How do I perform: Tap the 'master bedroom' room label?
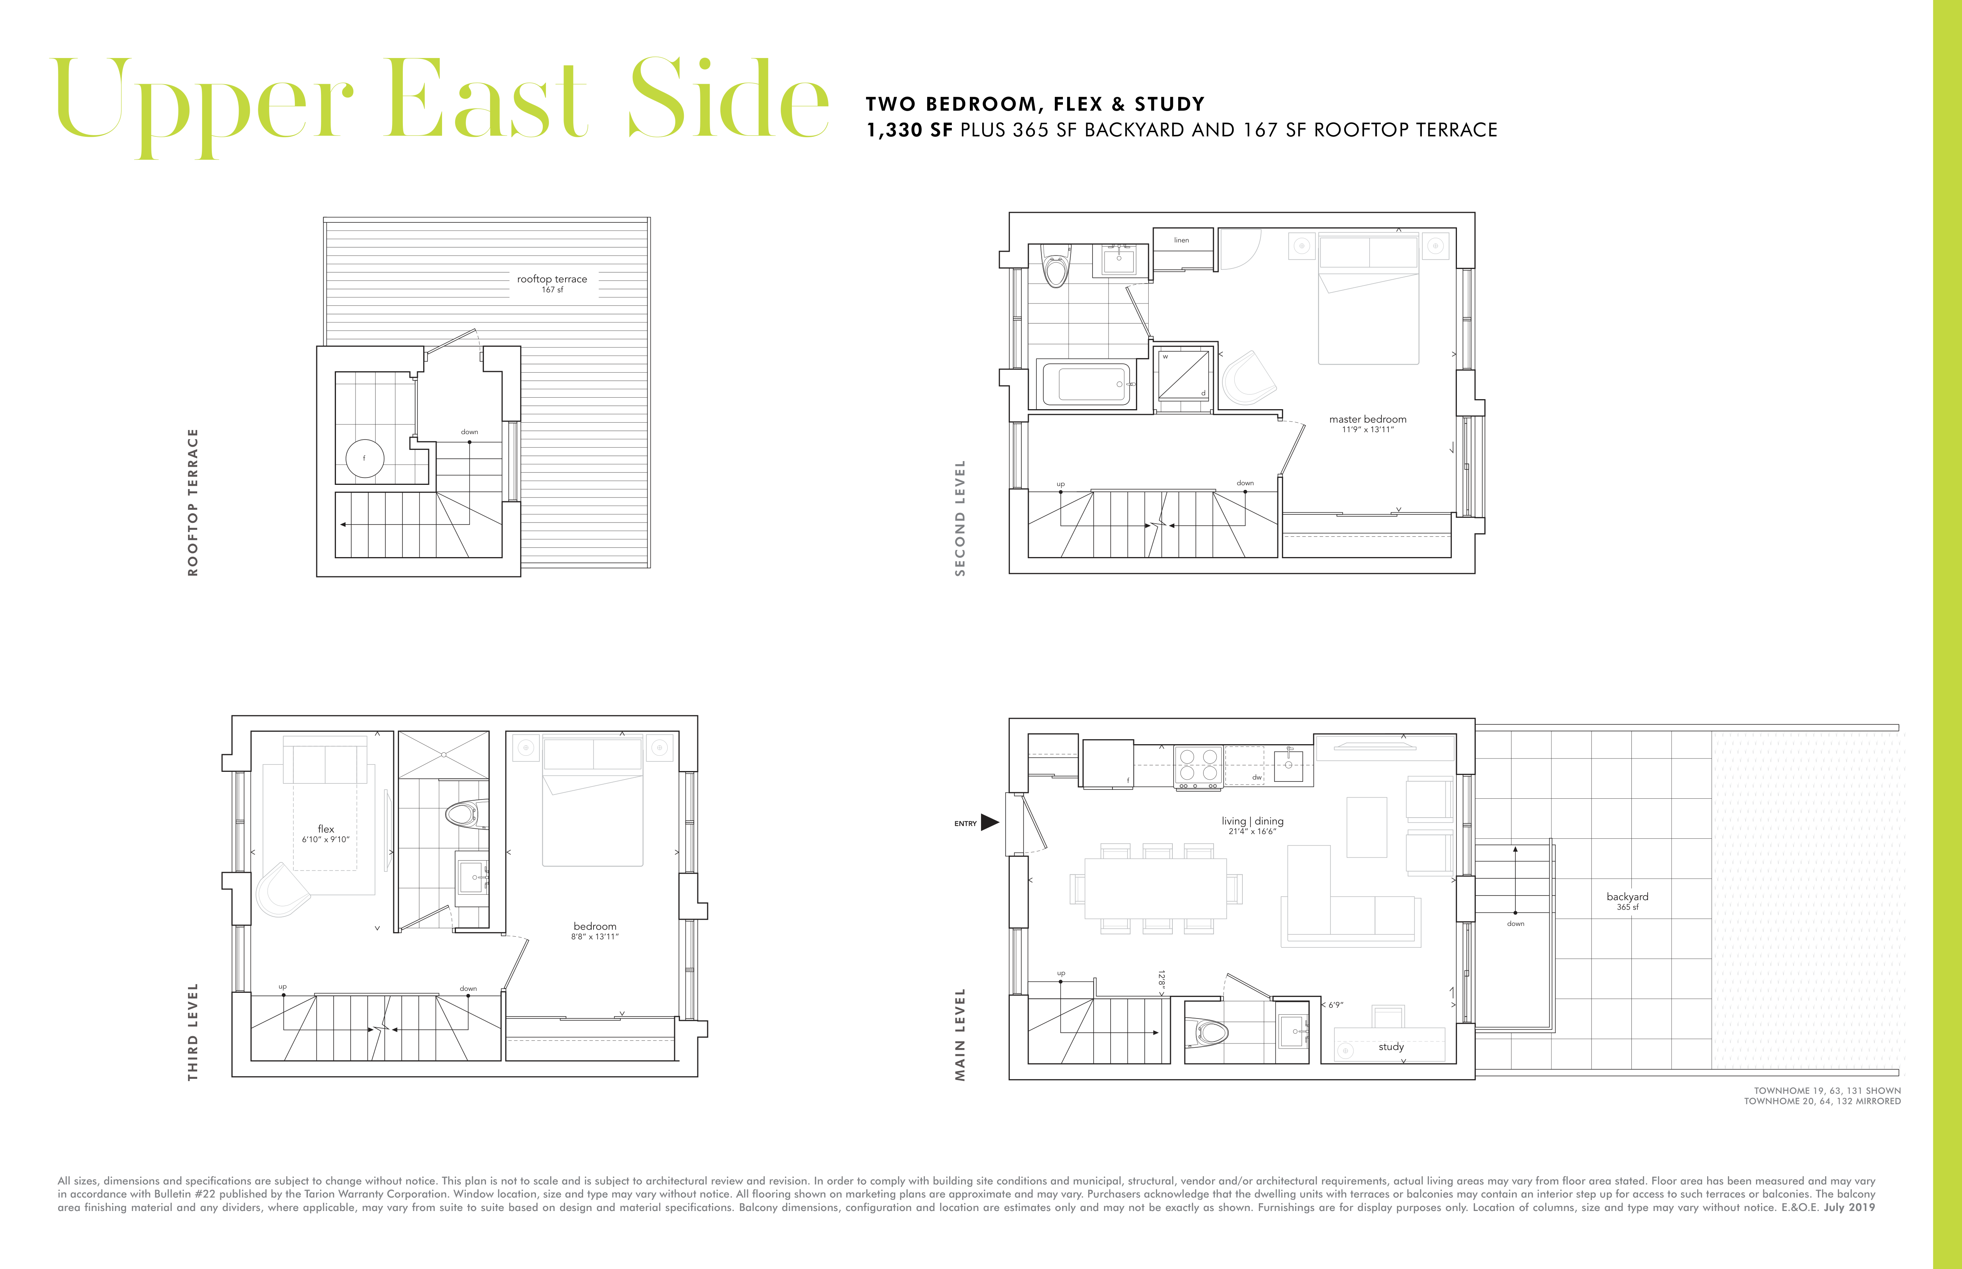pyautogui.click(x=1368, y=420)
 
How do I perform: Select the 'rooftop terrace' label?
pyautogui.click(x=552, y=279)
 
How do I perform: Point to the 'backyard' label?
pyautogui.click(x=1627, y=897)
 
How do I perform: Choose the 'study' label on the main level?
pyautogui.click(x=1391, y=1047)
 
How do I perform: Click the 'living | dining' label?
pyautogui.click(x=1252, y=821)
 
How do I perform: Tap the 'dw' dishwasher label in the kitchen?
pyautogui.click(x=1256, y=777)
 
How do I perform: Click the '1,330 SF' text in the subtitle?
pyautogui.click(x=909, y=130)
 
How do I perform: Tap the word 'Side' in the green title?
pyautogui.click(x=729, y=99)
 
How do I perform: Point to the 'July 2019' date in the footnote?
pyautogui.click(x=1850, y=1207)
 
